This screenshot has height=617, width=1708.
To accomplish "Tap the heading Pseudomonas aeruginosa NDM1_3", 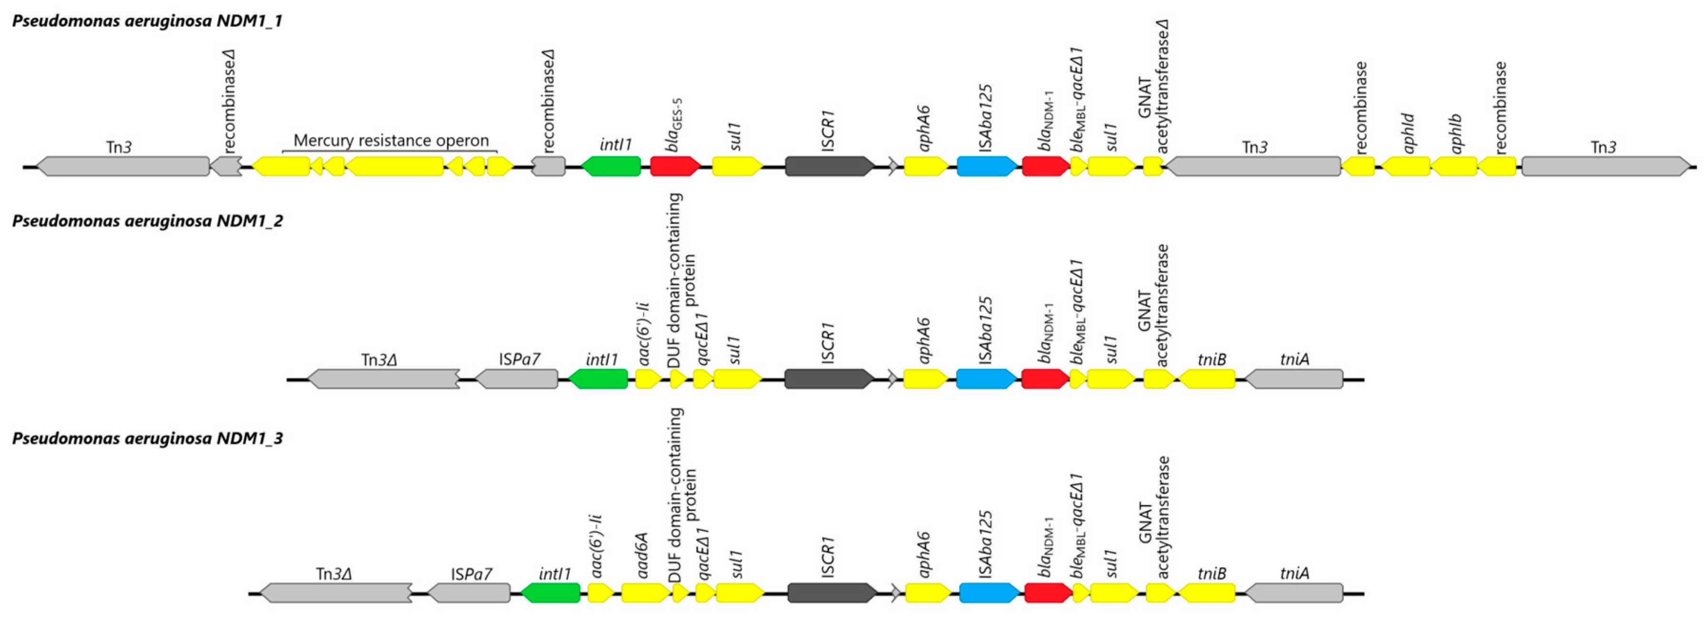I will (147, 439).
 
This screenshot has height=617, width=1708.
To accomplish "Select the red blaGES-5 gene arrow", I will (675, 166).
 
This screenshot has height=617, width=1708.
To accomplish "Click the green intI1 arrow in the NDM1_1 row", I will (611, 166).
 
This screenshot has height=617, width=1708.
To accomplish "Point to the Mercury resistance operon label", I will (391, 140).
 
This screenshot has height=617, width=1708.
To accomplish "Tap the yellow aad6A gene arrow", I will (645, 592).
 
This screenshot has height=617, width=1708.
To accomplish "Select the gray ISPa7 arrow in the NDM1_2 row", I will (517, 379).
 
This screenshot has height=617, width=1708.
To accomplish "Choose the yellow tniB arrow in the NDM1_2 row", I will (1206, 379).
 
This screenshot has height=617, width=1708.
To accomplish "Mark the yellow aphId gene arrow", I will (1406, 166).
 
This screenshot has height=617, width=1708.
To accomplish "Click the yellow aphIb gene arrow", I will (1454, 166).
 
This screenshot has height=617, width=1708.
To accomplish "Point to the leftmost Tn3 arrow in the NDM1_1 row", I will (123, 166).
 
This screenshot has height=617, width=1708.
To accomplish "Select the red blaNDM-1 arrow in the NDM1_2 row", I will (1045, 379).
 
